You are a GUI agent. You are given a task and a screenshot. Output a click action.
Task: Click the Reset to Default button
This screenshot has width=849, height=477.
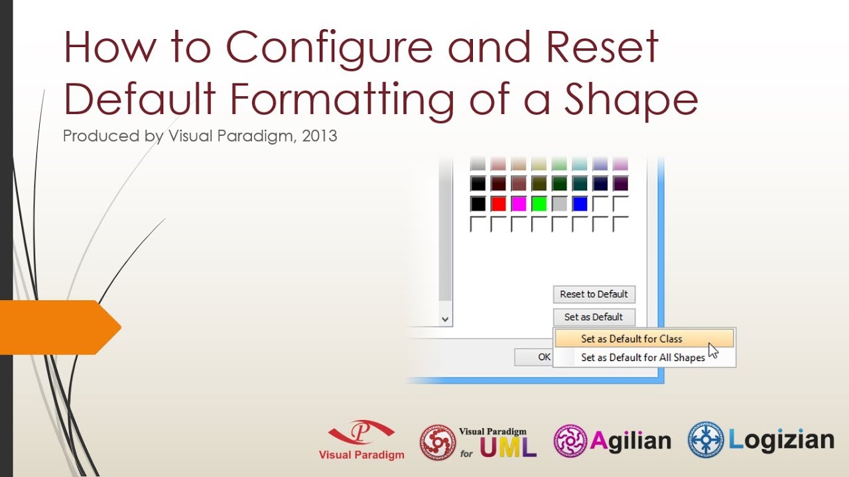594,294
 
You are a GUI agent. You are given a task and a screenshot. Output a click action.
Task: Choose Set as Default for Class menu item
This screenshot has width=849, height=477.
631,339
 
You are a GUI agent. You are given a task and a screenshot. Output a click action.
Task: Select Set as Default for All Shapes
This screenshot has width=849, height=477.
642,358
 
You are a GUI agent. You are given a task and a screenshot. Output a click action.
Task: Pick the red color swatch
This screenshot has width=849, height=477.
498,204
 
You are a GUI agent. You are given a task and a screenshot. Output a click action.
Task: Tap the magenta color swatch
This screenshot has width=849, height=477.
519,204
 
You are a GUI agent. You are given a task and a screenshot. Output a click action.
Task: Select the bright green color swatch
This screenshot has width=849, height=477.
539,204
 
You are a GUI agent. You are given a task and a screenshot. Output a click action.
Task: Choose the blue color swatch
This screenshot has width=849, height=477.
580,204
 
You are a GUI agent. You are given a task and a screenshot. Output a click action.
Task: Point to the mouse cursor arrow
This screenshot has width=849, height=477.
713,350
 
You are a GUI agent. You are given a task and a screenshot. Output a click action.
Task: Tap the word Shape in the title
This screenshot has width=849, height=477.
631,99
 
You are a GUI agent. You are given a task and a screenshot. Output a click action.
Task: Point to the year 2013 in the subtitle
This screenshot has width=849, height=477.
319,136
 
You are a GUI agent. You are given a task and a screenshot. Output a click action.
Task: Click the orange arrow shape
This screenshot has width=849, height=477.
60,327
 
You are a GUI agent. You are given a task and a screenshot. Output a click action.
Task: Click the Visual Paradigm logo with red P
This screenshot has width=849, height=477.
361,439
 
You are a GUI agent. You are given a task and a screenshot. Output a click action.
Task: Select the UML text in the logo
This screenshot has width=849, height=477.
508,448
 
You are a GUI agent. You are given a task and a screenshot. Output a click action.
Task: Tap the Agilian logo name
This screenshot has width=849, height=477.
630,441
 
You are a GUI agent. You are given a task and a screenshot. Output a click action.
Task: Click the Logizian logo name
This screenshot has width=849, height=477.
781,440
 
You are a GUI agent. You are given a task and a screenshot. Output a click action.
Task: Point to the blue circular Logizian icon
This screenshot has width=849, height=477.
706,440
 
